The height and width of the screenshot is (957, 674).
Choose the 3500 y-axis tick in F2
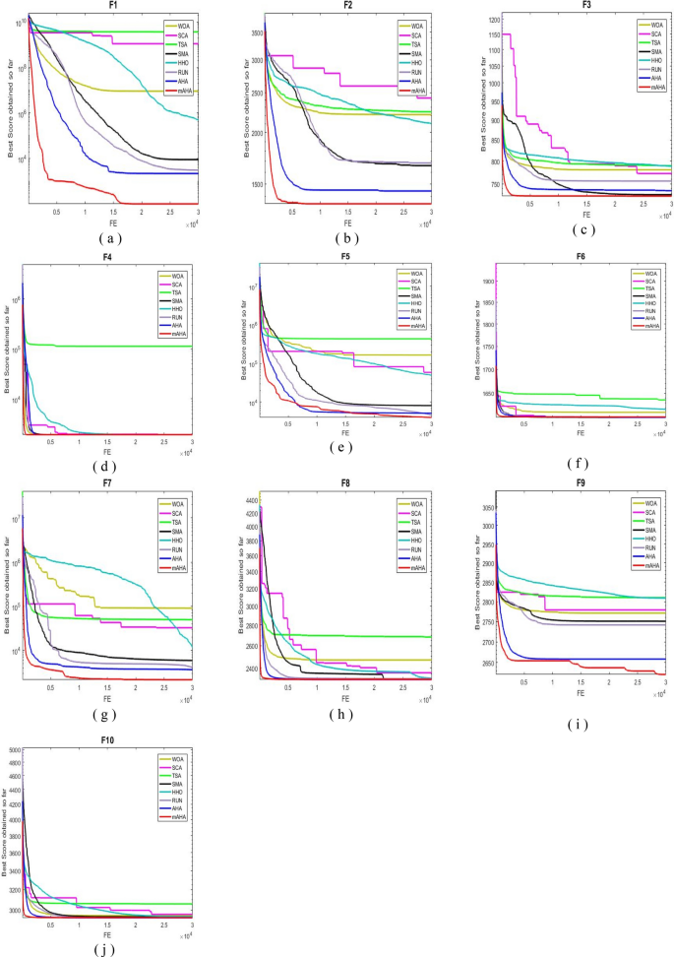[x=251, y=33]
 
